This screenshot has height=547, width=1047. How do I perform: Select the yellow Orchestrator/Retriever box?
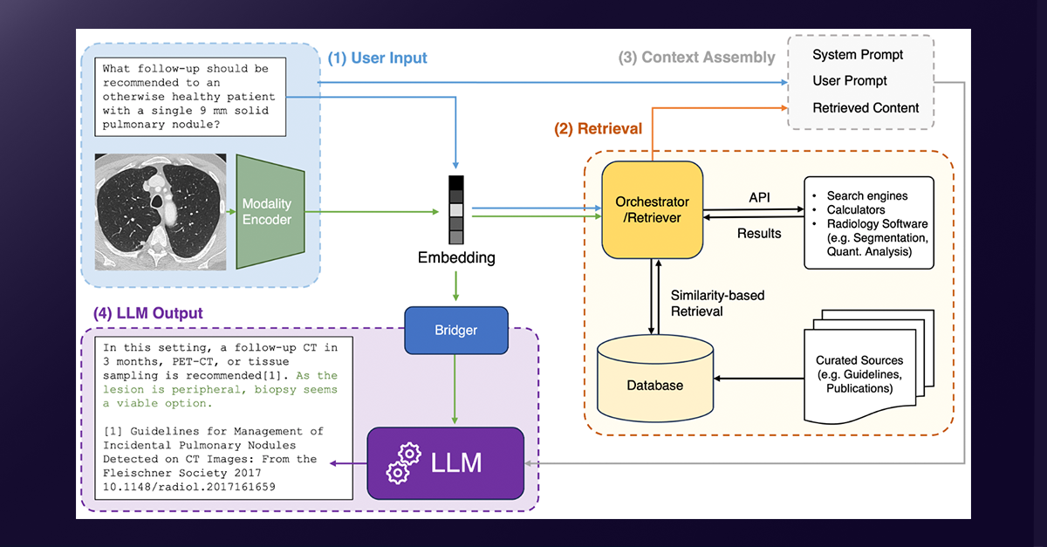tap(652, 209)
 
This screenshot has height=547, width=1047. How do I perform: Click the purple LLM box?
tap(445, 462)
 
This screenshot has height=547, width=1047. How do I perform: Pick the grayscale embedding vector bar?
tap(456, 209)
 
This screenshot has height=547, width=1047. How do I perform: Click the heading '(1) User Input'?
tap(378, 58)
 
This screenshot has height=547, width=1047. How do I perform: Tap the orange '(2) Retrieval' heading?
tap(598, 128)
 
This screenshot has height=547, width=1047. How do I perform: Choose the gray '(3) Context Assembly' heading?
tap(696, 58)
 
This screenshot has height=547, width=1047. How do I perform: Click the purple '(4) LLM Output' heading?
tap(147, 312)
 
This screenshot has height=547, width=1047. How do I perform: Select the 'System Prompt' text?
tap(858, 55)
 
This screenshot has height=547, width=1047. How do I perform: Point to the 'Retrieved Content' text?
tap(866, 108)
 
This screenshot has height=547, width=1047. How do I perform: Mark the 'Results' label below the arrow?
tap(758, 233)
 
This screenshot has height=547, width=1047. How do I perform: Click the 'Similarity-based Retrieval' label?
tap(717, 303)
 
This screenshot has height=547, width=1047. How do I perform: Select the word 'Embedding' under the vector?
tap(456, 258)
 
